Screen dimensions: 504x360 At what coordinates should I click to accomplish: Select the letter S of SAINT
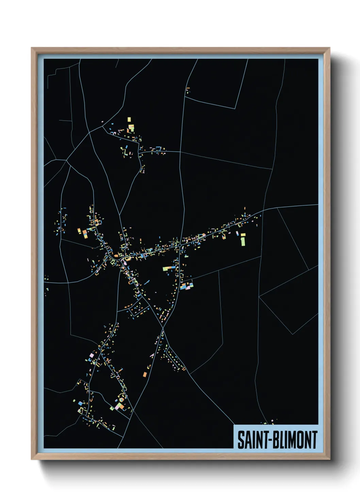pyautogui.click(x=241, y=440)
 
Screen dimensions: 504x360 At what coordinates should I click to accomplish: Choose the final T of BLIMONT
pyautogui.click(x=315, y=440)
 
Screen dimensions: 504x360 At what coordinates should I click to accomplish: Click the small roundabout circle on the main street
pyautogui.click(x=179, y=245)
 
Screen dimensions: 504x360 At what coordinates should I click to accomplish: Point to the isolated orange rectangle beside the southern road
pyautogui.click(x=145, y=375)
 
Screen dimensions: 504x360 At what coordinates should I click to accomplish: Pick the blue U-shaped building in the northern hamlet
pyautogui.click(x=158, y=148)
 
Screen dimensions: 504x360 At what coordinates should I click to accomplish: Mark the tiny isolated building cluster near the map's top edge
pyautogui.click(x=187, y=90)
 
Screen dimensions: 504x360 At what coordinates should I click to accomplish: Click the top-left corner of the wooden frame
pyautogui.click(x=32, y=48)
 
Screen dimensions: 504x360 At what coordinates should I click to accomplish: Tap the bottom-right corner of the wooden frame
pyautogui.click(x=329, y=459)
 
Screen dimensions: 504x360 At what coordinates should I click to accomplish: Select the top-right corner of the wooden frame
pyautogui.click(x=329, y=48)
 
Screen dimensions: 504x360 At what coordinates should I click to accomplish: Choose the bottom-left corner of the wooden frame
pyautogui.click(x=32, y=459)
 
